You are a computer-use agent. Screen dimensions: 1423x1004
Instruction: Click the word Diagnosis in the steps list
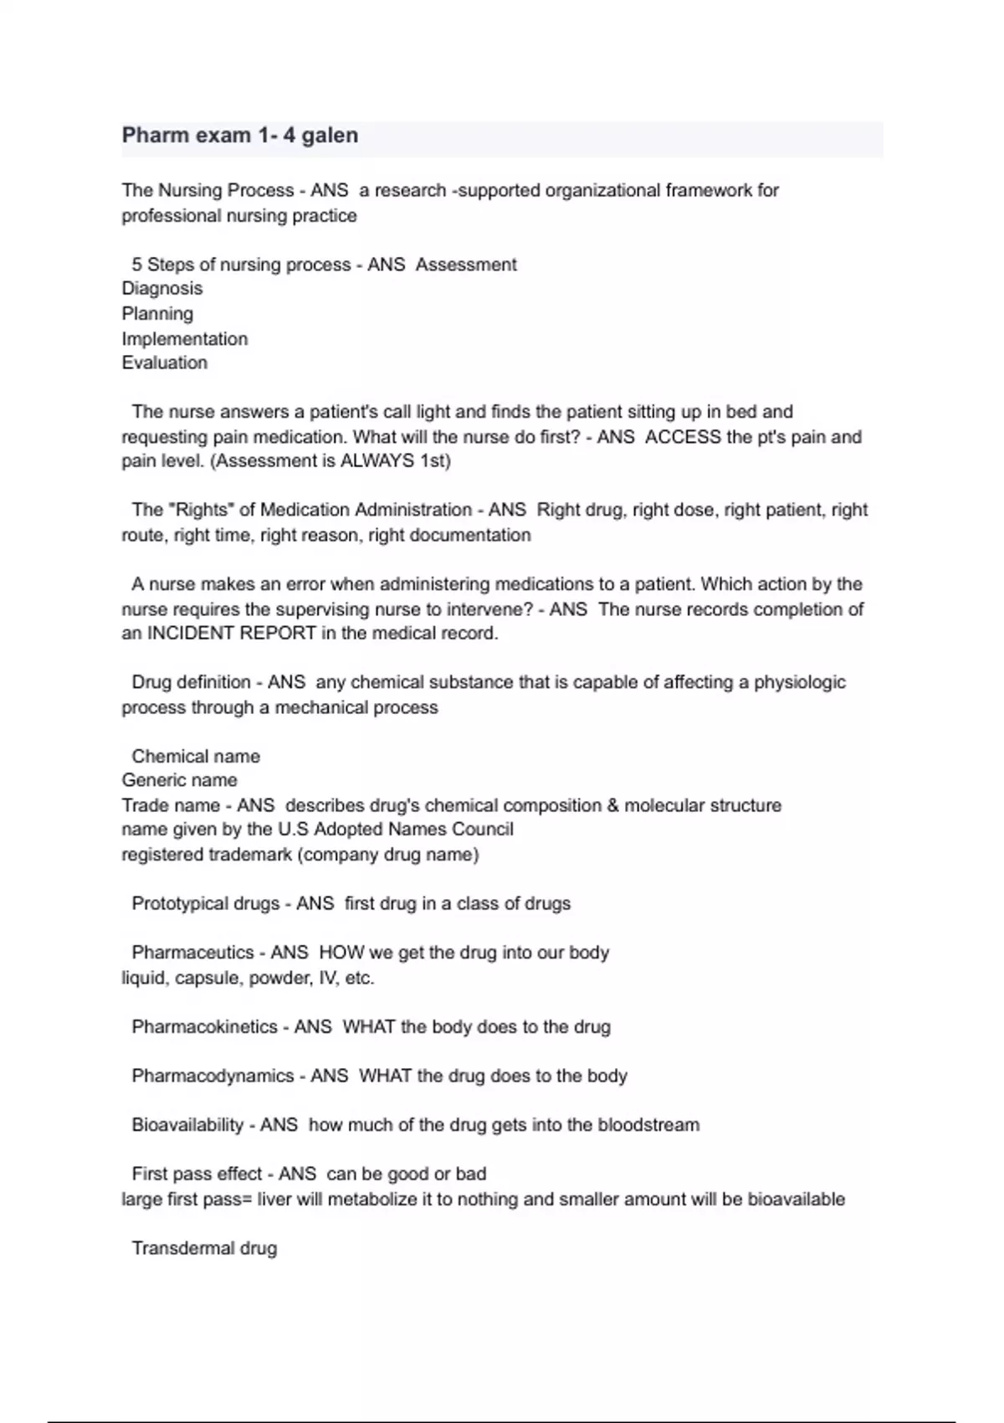click(162, 289)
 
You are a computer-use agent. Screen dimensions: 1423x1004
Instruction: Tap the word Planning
click(157, 314)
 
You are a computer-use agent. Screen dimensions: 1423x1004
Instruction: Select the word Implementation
click(185, 339)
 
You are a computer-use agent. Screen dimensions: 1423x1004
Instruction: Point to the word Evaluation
click(165, 363)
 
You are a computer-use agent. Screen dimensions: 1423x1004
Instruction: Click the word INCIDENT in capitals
click(191, 634)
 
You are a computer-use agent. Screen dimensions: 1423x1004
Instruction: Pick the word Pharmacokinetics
click(204, 1027)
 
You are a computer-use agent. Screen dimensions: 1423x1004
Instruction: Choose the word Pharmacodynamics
click(213, 1076)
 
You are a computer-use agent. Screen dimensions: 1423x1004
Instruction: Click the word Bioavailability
click(187, 1125)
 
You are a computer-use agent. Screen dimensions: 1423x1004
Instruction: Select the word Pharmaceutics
click(192, 953)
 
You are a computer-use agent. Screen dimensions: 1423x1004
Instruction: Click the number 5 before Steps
click(136, 265)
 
